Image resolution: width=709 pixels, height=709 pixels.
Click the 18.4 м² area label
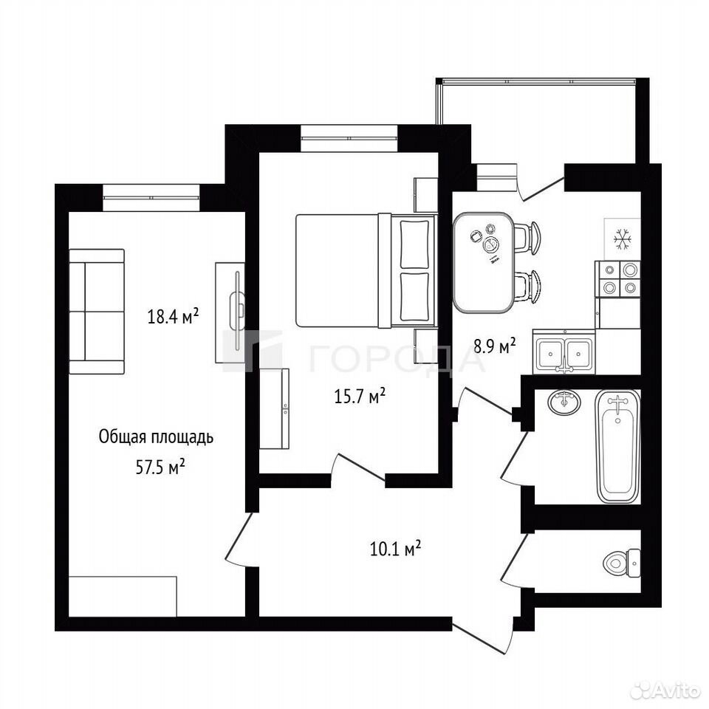[173, 316]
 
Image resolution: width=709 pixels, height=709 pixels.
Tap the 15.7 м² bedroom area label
[360, 396]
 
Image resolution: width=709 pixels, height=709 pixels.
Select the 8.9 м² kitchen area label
[495, 347]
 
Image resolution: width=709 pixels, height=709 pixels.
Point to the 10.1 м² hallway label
[396, 549]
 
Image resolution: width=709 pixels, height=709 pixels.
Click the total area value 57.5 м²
[160, 467]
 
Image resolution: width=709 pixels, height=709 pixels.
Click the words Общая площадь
[156, 437]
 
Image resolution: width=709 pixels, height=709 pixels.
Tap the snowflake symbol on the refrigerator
[622, 239]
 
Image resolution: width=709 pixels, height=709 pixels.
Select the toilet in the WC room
[622, 563]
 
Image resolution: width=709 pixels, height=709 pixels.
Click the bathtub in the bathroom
[618, 447]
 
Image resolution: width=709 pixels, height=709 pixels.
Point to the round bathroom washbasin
[564, 402]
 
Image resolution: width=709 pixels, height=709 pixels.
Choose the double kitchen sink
[564, 352]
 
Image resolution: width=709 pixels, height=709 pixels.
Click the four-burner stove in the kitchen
[619, 279]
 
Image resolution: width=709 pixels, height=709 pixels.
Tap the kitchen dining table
[483, 262]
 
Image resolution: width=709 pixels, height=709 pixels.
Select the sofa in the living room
[97, 312]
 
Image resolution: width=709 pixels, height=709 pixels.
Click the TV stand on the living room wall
[230, 312]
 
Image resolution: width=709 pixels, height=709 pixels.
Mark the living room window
[151, 198]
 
